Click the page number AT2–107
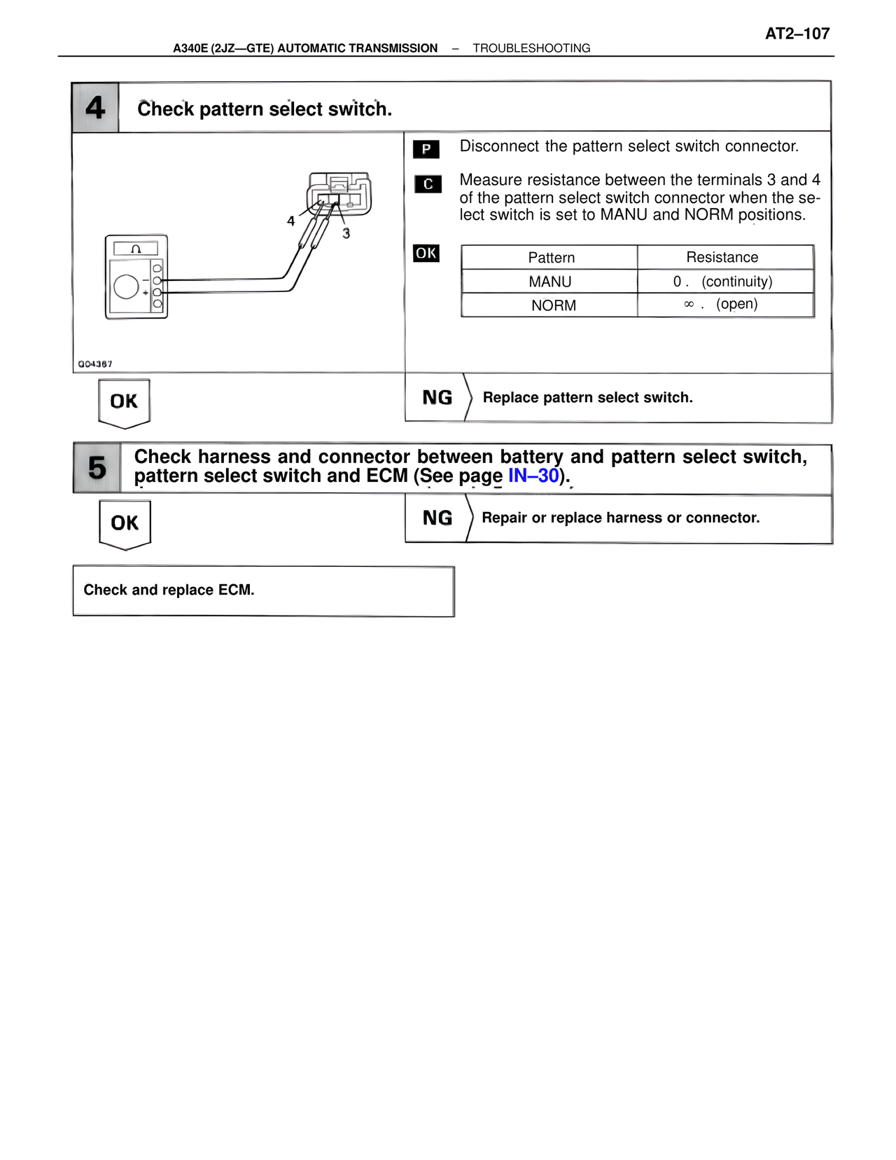797,34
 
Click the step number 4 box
95,108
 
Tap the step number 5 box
97,468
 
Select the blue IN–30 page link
533,476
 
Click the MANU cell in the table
550,282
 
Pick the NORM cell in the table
553,305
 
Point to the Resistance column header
722,257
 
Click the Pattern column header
551,258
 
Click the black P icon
426,149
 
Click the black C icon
428,184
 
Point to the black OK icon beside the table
426,253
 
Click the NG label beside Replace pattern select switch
437,398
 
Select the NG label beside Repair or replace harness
437,518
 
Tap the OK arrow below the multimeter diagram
124,402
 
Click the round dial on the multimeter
126,286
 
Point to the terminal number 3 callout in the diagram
346,234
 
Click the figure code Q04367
95,364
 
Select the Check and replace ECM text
169,590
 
